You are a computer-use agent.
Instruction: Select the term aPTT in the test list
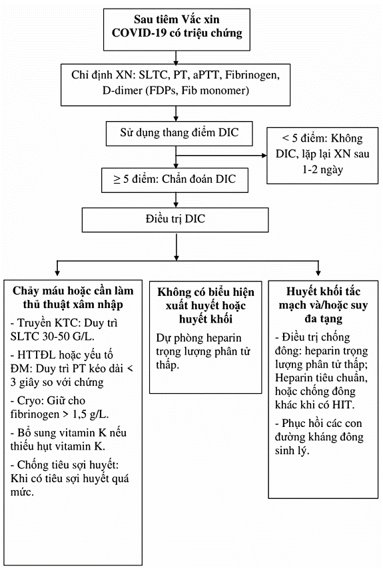(206, 75)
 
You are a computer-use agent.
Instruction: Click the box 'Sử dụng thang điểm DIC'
(179, 133)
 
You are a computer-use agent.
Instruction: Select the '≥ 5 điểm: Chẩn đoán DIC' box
(175, 180)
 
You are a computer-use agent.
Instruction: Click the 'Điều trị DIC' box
(175, 219)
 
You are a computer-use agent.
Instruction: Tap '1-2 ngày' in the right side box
(323, 170)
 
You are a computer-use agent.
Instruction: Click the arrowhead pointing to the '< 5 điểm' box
(264, 156)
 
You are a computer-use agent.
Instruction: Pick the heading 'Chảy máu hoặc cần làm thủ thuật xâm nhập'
(73, 297)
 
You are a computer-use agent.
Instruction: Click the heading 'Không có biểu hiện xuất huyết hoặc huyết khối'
(206, 305)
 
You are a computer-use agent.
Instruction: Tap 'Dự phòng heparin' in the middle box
(198, 338)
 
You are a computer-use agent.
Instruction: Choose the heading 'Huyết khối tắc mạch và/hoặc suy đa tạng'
(323, 305)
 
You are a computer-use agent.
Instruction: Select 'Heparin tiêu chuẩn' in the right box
(321, 378)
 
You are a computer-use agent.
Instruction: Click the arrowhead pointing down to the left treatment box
(57, 272)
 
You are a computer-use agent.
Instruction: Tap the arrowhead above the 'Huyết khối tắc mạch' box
(318, 272)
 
